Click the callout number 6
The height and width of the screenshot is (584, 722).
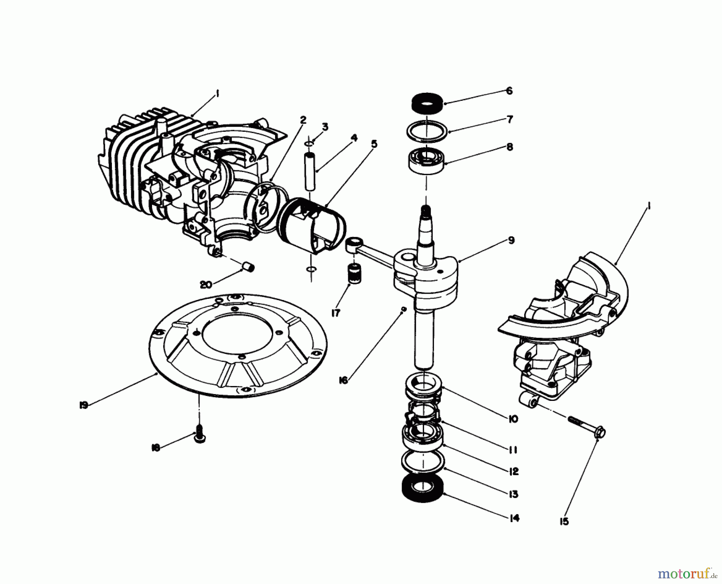[509, 91]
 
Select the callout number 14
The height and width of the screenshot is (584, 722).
[515, 518]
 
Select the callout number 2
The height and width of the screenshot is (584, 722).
[302, 119]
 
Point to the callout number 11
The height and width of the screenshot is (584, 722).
[512, 450]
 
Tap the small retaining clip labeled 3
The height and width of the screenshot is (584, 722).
[309, 143]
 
